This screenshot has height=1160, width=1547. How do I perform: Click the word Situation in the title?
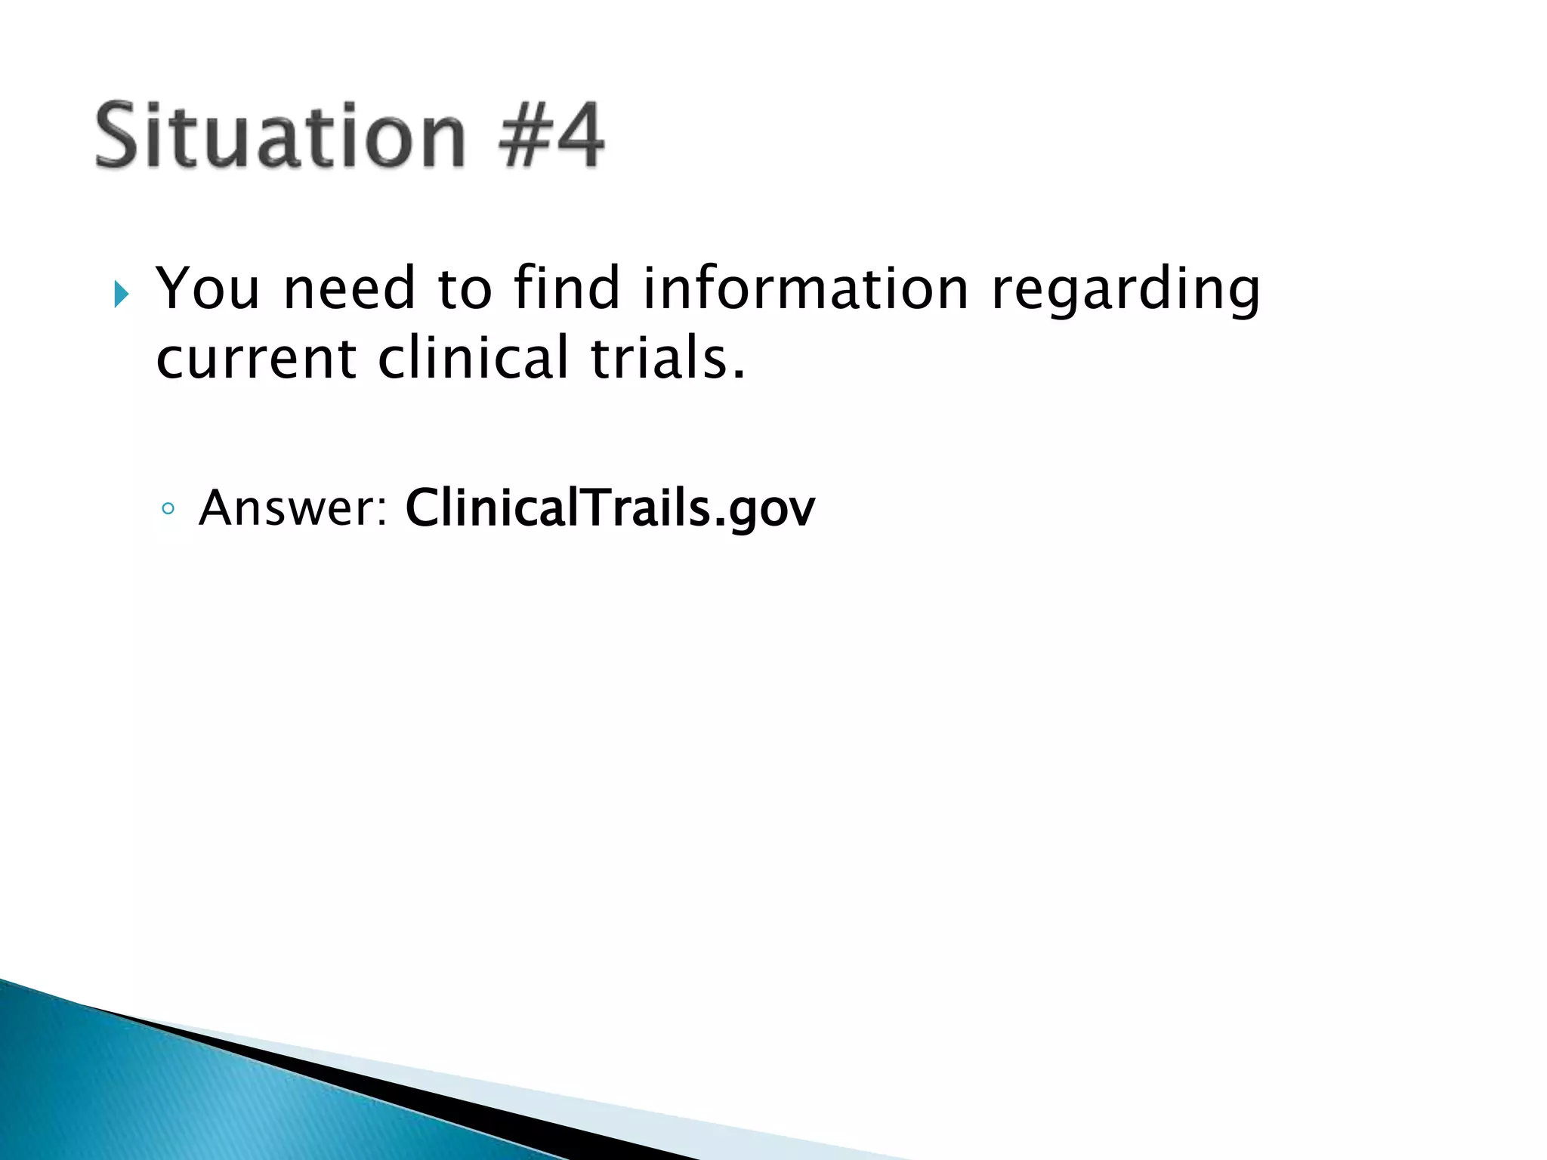(279, 136)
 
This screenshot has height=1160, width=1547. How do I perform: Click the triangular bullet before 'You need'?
(122, 294)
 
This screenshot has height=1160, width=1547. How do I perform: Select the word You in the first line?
(207, 288)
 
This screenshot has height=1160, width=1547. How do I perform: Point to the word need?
(349, 288)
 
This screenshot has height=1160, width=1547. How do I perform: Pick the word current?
(255, 359)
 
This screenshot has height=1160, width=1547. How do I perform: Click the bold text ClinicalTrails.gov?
(610, 508)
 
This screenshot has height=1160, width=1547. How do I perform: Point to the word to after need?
(465, 288)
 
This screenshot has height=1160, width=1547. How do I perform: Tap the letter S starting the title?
(121, 136)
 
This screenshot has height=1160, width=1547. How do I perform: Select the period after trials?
(739, 374)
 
